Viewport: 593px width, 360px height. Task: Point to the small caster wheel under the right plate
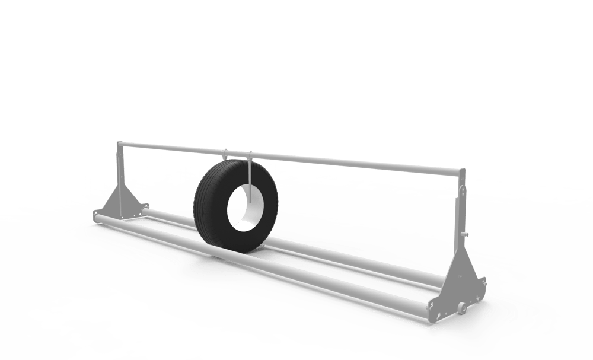click(x=460, y=307)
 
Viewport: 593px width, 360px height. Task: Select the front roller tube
click(x=267, y=261)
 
